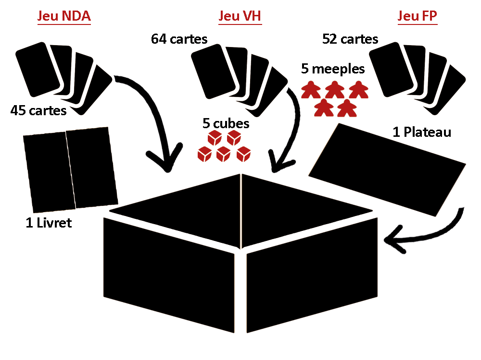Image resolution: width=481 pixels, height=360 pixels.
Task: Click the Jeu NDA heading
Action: (x=64, y=16)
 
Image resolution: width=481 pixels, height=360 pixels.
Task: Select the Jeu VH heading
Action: (x=240, y=16)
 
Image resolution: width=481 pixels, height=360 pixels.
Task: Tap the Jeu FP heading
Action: (x=418, y=16)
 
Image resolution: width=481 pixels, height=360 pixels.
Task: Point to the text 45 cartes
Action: (x=38, y=111)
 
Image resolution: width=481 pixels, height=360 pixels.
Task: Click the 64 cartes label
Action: (x=179, y=39)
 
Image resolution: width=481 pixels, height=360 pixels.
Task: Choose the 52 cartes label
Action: (x=350, y=39)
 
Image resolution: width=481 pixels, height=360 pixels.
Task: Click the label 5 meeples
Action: (x=333, y=69)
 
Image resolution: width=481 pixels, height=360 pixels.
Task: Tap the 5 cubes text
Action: (x=226, y=123)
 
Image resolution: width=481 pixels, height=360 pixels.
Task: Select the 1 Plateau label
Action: (x=422, y=132)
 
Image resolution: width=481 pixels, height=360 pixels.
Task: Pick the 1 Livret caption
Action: (x=49, y=223)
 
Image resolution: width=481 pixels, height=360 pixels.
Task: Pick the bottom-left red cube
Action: (x=204, y=155)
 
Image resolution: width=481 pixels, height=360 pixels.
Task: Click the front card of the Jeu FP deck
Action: (x=392, y=70)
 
